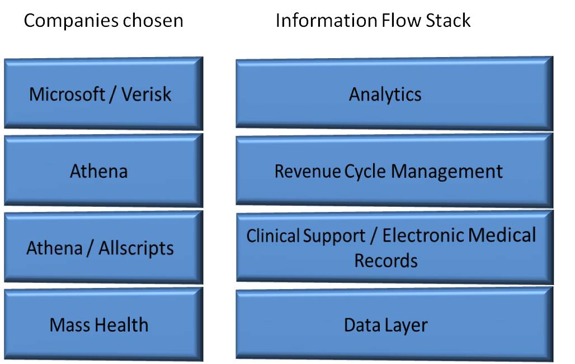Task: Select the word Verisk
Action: point(147,94)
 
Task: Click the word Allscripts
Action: point(136,248)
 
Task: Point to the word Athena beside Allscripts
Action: point(55,248)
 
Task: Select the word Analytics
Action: point(385,94)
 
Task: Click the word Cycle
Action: point(365,171)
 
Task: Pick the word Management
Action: point(447,171)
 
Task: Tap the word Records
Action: point(386,260)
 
